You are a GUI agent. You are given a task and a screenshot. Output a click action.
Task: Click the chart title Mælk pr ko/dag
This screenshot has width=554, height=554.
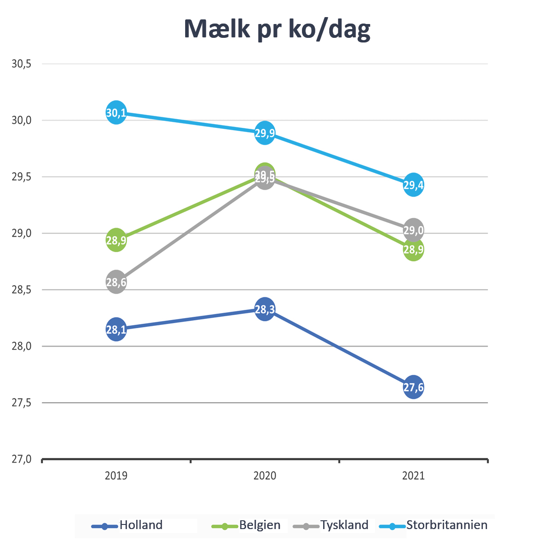pos(277,30)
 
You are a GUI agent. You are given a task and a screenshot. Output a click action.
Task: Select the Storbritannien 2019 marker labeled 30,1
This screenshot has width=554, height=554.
pos(116,113)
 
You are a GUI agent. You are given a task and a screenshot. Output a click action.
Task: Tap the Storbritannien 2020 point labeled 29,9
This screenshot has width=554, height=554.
pos(265,133)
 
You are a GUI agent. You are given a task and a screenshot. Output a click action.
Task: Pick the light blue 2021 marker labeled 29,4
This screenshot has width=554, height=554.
pos(413,185)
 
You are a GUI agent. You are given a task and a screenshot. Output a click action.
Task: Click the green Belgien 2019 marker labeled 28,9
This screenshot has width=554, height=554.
pos(116,240)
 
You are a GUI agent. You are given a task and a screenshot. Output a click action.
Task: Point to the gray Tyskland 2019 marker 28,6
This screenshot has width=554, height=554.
pos(116,282)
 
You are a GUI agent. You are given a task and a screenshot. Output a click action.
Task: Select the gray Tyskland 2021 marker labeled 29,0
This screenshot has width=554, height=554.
pos(413,230)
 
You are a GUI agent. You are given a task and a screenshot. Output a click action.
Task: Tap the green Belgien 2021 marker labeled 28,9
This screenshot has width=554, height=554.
pos(413,250)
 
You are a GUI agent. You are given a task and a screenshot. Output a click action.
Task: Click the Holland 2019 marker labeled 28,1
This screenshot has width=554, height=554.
pos(116,329)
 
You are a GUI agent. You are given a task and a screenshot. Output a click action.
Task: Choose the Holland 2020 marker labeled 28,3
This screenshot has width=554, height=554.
pos(265,309)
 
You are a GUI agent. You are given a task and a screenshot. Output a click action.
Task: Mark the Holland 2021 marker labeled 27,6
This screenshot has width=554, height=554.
pos(413,387)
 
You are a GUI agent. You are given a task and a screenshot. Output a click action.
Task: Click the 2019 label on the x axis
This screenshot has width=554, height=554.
pos(116,476)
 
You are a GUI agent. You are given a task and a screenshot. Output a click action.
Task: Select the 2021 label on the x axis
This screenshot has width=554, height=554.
pos(413,476)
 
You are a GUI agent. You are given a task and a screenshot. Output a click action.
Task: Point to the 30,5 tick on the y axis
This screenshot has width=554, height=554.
pos(21,64)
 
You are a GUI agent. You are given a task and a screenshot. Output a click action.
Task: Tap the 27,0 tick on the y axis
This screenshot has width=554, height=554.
pos(21,459)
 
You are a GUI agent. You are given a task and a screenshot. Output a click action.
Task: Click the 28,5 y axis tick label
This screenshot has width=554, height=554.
pos(21,290)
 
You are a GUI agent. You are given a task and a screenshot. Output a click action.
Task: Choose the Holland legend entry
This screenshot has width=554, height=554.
pos(141,525)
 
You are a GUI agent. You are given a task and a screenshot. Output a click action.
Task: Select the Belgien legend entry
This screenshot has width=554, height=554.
pos(259,525)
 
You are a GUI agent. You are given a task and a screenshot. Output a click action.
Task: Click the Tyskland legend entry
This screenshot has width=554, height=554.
pos(344,525)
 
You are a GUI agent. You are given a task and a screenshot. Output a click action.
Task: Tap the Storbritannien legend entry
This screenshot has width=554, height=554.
pos(446,525)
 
